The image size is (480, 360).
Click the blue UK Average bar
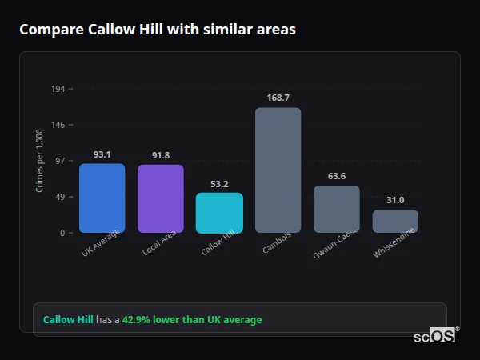pos(102,198)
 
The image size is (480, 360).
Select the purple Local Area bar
pos(160,198)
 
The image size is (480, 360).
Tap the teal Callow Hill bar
pos(219,212)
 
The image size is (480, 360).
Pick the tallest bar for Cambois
pos(278,170)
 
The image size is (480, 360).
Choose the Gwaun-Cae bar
pos(336,209)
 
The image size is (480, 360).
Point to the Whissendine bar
pos(395,221)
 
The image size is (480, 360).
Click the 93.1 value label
pos(102,154)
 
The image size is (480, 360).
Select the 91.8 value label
pos(160,155)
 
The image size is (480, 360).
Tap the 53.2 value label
pos(219,184)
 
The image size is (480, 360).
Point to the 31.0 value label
pos(395,200)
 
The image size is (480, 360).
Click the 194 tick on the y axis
pos(58,89)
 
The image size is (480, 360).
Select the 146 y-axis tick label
pos(58,125)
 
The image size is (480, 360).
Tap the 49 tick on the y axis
pos(59,197)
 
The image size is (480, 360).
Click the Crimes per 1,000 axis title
pos(40,160)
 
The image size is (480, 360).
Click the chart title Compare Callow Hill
pos(158,30)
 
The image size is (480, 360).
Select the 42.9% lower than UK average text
pos(192,320)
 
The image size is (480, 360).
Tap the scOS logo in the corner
pos(434,336)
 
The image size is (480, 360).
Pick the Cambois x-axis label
pos(277,244)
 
